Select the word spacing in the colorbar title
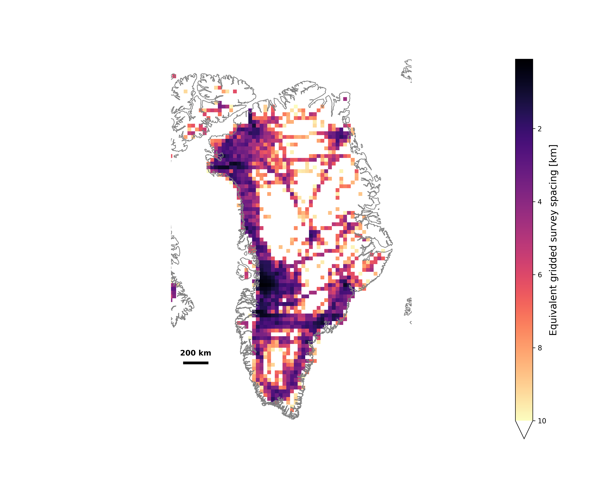point(553,185)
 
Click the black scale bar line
point(196,363)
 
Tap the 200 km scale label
point(196,353)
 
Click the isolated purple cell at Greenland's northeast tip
point(345,99)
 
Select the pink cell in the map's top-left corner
point(174,76)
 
